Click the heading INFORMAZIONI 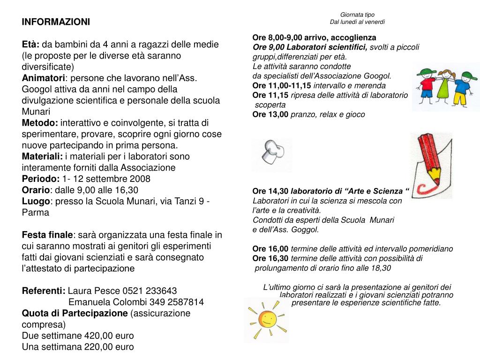pos(56,22)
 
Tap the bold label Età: pos(31,45)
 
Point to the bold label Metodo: pos(40,123)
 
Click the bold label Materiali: pos(42,156)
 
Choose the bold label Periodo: pos(41,179)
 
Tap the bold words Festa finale pos(47,234)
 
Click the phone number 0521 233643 pos(150,291)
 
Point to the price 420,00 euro pos(109,336)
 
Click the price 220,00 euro pos(109,347)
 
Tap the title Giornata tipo pos(357,15)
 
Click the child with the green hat pos(427,84)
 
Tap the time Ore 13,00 pos(270,114)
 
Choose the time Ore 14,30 pos(270,191)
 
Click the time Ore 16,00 pos(270,249)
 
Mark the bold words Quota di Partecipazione pos(75,313)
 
